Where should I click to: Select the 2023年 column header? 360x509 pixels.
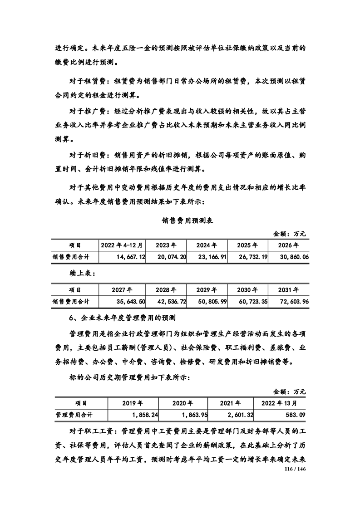[166, 245]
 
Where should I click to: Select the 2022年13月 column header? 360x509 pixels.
[280, 402]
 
